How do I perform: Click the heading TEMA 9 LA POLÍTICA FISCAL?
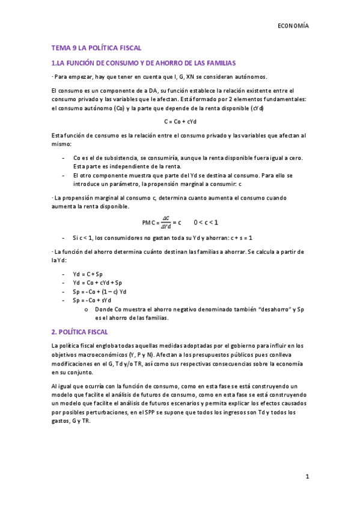pos(96,48)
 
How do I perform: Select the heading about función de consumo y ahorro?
pos(144,63)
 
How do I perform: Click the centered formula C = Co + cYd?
pos(180,121)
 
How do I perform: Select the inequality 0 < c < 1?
pos(206,222)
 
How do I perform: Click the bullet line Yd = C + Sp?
pos(88,274)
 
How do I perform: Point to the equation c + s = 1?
pos(239,237)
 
